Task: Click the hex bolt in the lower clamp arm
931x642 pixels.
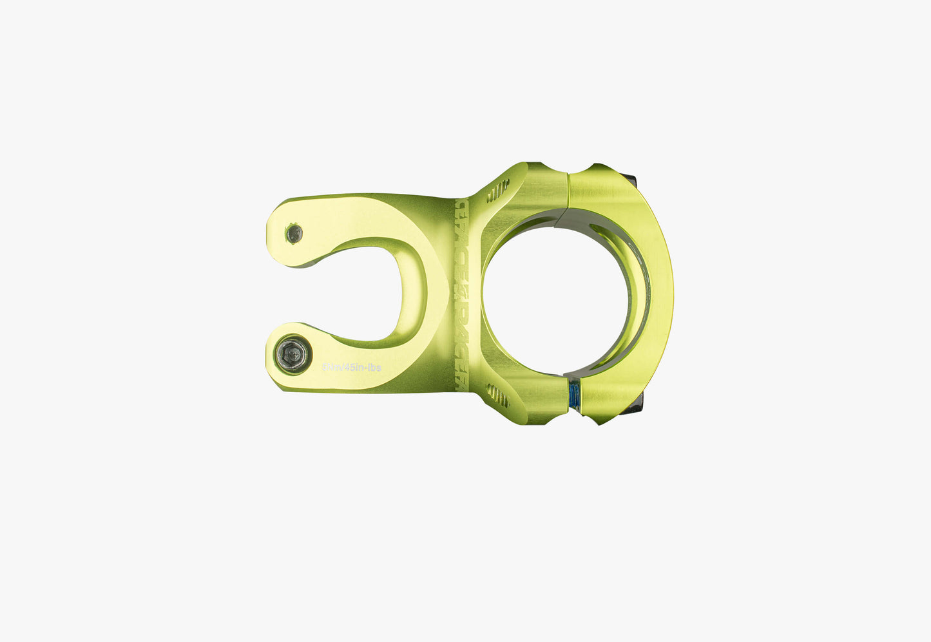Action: (293, 354)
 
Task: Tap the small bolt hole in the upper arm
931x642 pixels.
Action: (294, 233)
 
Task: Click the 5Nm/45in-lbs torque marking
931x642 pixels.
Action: (352, 368)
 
